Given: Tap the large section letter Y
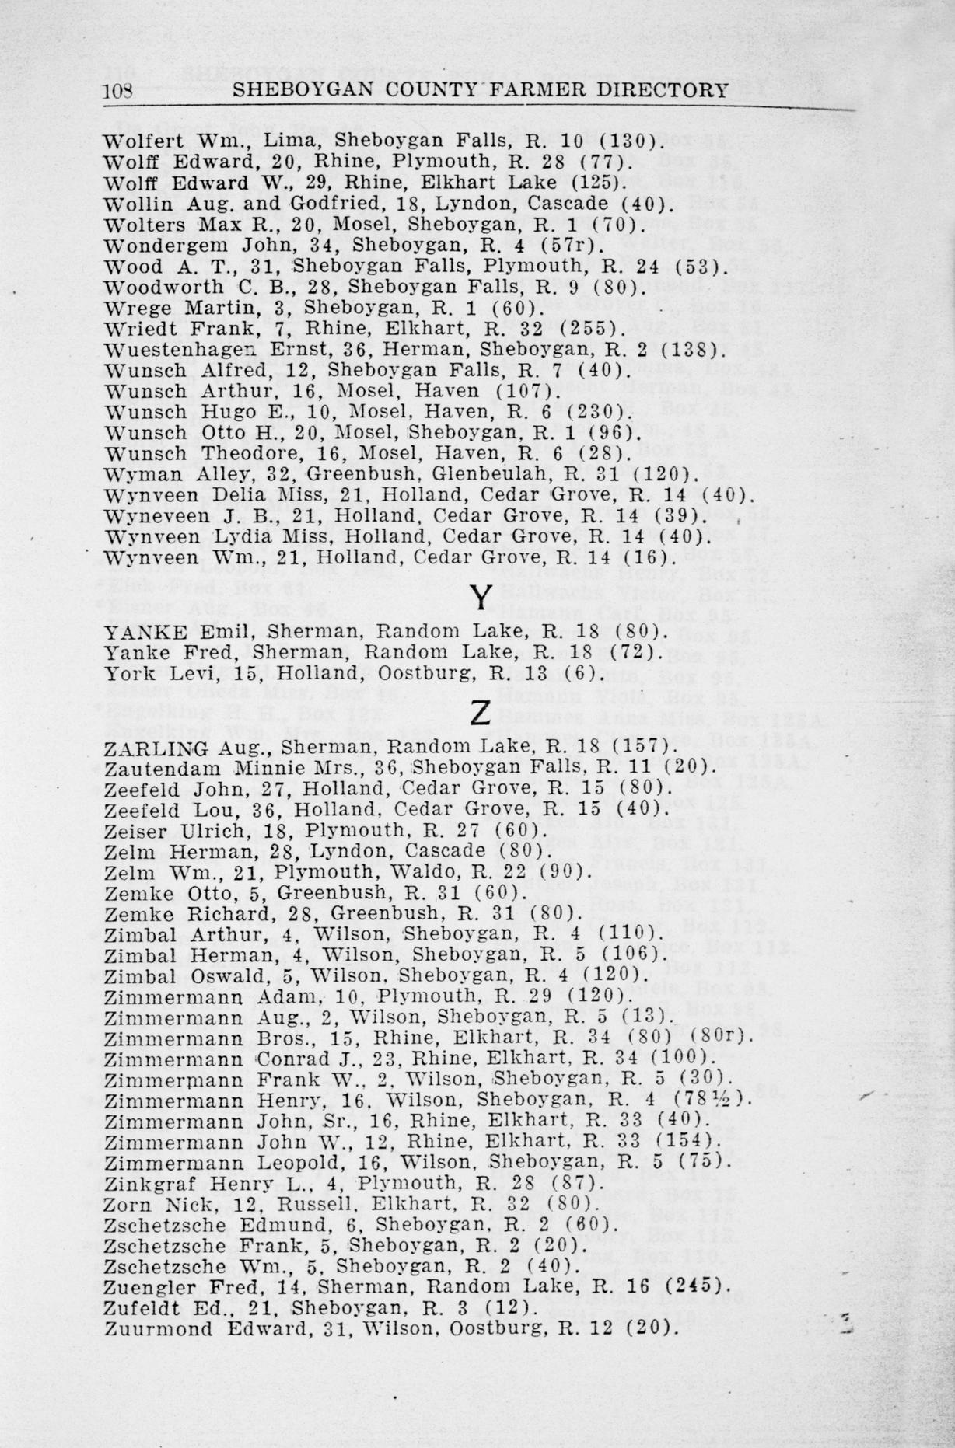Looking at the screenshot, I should [x=481, y=597].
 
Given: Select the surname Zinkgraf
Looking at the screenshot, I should [x=138, y=1183].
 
